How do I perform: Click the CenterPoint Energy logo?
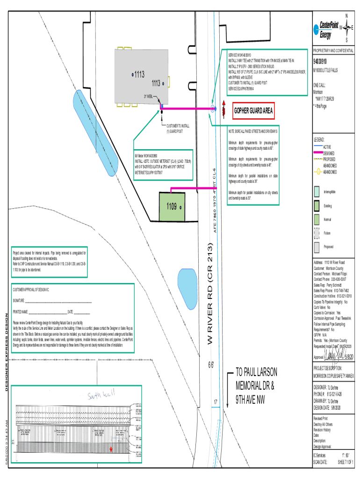point(328,29)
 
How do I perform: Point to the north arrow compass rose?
point(346,28)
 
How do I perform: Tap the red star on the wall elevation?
point(111,449)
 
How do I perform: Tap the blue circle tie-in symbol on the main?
point(213,109)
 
